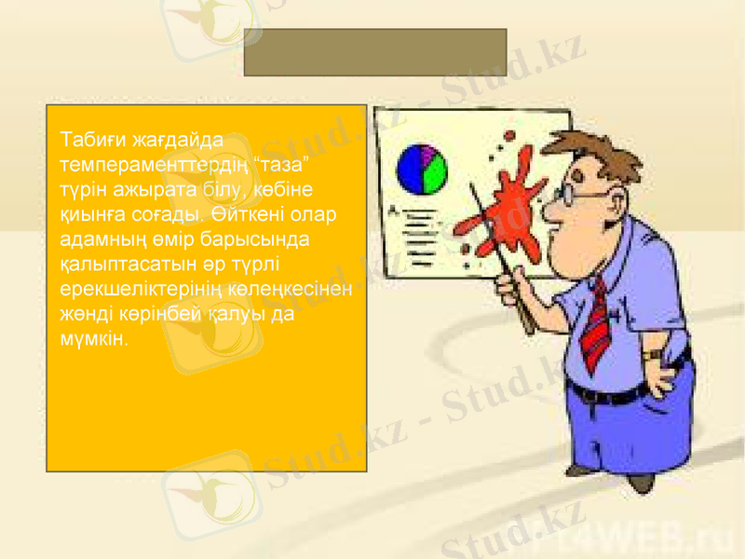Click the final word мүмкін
[x=91, y=337]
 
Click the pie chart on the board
[x=422, y=169]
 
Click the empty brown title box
[x=374, y=52]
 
